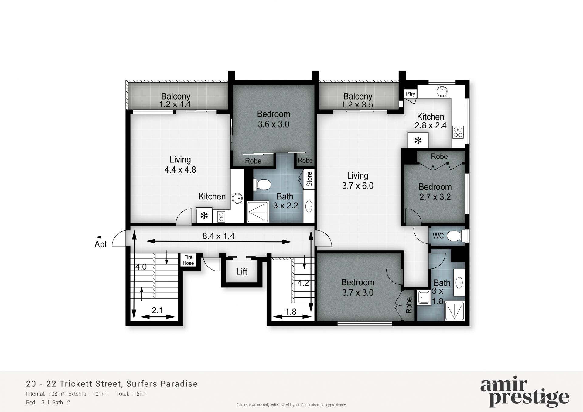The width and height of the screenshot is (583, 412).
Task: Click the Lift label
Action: click(242, 271)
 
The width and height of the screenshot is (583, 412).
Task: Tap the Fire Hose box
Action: click(188, 260)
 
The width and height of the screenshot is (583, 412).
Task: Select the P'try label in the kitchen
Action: click(410, 94)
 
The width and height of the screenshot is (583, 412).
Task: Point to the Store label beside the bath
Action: click(309, 179)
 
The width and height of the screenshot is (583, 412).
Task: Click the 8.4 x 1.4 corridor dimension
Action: click(218, 236)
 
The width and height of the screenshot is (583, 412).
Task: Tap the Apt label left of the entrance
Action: click(101, 244)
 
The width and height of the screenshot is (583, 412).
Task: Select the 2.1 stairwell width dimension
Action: click(157, 310)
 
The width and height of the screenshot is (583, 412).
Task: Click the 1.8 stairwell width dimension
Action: click(291, 312)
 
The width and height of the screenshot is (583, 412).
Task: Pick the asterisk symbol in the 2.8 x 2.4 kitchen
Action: click(418, 140)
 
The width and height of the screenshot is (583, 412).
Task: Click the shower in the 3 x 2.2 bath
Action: click(258, 212)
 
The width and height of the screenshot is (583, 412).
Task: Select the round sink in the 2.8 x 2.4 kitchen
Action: click(442, 91)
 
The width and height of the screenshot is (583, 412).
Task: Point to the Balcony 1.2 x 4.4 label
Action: click(176, 100)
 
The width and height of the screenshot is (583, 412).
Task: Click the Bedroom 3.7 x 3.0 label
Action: click(358, 288)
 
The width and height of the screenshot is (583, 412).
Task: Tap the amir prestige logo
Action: click(524, 393)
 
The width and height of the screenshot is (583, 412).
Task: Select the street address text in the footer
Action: click(112, 384)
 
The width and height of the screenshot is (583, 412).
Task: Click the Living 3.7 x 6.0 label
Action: click(358, 181)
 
